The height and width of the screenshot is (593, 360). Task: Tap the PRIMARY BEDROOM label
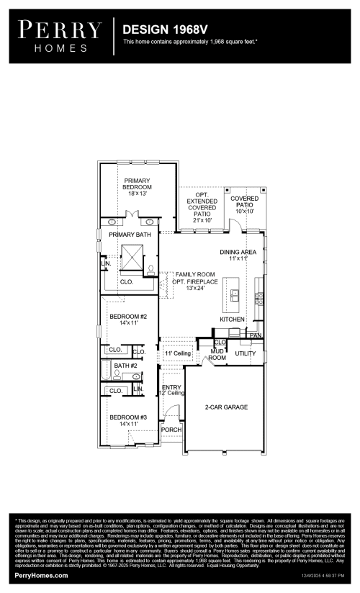point(138,184)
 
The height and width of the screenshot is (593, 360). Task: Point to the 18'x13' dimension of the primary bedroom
point(138,194)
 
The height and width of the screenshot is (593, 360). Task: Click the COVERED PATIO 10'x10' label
point(245,204)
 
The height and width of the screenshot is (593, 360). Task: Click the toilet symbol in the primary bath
point(152,268)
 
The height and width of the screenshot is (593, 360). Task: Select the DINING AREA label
point(238,252)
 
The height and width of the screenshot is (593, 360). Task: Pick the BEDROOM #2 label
point(127,317)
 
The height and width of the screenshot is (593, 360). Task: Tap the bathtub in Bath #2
point(105,373)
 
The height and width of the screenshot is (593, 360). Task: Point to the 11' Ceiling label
point(176,354)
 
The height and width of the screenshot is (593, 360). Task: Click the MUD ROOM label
point(217,354)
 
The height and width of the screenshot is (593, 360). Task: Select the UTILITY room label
point(245,354)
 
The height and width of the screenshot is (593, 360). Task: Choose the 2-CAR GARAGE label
point(227,407)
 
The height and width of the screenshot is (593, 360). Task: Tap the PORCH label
point(171,430)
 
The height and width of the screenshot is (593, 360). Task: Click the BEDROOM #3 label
point(127,417)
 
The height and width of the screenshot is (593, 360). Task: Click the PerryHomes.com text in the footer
point(42,576)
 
